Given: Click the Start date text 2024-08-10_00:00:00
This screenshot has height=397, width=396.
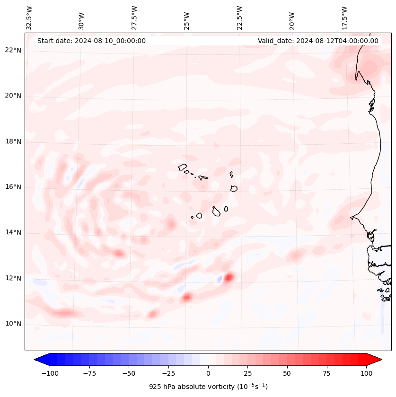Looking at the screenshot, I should [x=91, y=41].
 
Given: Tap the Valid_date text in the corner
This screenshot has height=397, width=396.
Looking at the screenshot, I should [x=318, y=41].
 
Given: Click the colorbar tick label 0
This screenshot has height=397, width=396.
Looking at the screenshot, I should [x=208, y=373].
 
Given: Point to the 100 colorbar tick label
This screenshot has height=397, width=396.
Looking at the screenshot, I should [x=366, y=373].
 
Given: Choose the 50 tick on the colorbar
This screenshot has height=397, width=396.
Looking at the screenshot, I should [x=287, y=373].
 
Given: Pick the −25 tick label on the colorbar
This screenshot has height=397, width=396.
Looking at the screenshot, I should [x=168, y=373].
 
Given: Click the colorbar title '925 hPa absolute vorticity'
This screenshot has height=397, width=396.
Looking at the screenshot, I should [x=208, y=387].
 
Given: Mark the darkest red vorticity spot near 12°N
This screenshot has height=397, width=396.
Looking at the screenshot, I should [x=229, y=277].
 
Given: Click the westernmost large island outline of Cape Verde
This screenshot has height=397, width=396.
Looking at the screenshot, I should [x=183, y=167].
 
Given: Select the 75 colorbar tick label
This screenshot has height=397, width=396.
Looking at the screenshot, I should [x=326, y=373].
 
